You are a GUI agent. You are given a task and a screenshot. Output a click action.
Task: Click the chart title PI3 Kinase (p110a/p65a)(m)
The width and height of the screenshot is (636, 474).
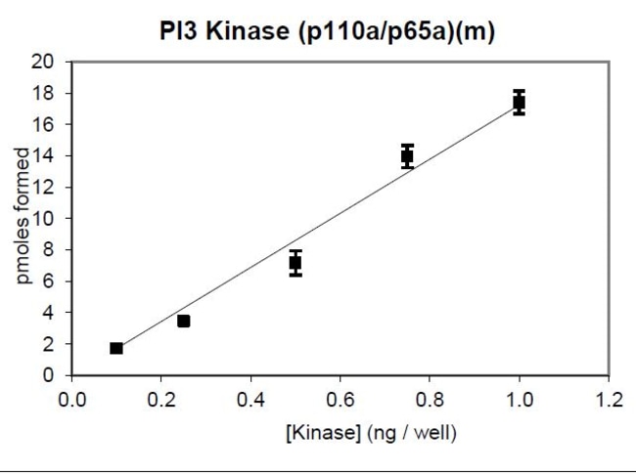click(328, 31)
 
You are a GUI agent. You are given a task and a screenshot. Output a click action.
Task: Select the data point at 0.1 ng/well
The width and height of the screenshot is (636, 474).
click(116, 348)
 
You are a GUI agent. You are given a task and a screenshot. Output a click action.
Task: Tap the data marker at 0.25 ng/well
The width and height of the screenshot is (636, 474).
click(183, 321)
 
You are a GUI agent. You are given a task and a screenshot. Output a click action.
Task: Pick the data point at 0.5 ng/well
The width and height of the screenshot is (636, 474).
click(295, 263)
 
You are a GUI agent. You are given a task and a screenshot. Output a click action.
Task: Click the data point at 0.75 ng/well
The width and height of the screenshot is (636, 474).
click(407, 155)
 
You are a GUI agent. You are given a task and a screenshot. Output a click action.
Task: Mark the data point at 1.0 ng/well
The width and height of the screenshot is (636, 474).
click(519, 102)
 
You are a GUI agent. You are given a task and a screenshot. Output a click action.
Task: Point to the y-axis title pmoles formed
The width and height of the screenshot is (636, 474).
click(23, 218)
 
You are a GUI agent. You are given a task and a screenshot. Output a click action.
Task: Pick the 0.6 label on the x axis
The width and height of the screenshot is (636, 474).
click(340, 399)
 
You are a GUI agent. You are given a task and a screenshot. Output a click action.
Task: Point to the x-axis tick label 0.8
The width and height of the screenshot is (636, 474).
click(430, 399)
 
